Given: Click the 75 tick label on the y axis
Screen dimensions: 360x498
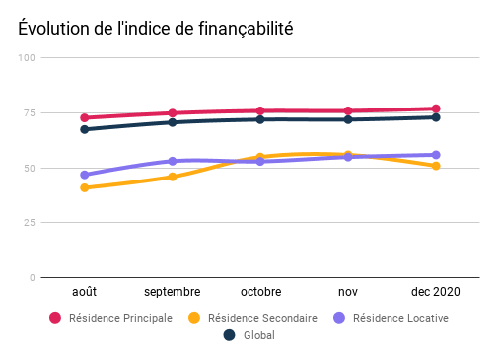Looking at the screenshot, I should (x=30, y=112).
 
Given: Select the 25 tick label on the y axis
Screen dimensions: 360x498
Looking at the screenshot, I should (x=30, y=223).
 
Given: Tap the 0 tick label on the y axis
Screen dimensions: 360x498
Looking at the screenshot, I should (x=33, y=278).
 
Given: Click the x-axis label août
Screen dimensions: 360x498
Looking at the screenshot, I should (x=85, y=292).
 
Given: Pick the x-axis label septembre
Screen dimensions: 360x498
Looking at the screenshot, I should (x=173, y=292).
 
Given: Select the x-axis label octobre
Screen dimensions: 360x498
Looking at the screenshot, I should (x=260, y=292).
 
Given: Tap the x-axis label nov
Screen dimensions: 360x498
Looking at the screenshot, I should (x=348, y=292).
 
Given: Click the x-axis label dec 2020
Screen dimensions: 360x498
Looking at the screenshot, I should (x=435, y=292).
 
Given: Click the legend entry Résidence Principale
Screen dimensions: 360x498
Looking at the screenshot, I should (x=110, y=318).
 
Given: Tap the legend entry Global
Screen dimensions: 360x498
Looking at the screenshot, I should (x=250, y=335).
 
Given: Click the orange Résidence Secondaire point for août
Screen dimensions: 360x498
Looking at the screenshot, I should (x=85, y=187).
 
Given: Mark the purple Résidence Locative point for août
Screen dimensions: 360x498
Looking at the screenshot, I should (x=85, y=175).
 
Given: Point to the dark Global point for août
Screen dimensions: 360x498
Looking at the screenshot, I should (x=85, y=129).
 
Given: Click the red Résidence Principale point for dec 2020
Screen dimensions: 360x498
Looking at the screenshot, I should (x=436, y=108).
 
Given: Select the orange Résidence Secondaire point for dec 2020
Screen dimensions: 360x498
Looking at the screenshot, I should (x=436, y=166).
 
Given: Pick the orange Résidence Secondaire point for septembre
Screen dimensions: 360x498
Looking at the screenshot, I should (x=173, y=177).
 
